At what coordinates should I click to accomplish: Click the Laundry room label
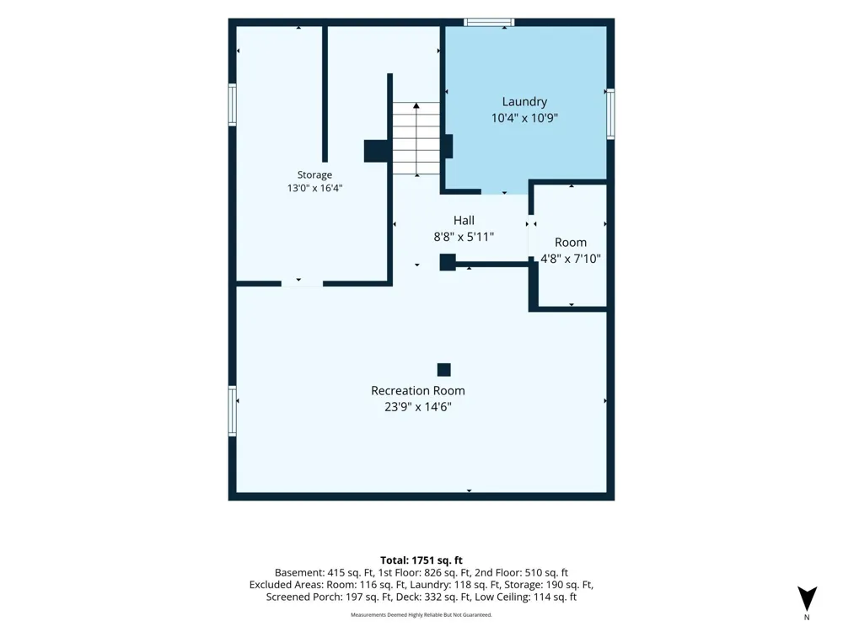(524, 102)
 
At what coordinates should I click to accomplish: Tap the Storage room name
(314, 174)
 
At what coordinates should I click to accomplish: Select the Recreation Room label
(418, 391)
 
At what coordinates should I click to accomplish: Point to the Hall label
(464, 220)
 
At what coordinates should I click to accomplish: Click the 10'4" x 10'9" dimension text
(524, 118)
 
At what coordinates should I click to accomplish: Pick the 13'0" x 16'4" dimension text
(314, 188)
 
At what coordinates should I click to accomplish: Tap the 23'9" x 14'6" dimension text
(418, 407)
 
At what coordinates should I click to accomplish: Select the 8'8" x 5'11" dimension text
(464, 237)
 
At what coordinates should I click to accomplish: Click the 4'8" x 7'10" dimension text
(571, 259)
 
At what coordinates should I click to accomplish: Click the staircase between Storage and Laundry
(416, 138)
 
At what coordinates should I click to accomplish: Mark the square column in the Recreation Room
(443, 370)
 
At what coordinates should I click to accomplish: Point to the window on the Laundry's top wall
(489, 22)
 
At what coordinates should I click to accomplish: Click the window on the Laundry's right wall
(610, 114)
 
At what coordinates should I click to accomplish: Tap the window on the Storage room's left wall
(233, 104)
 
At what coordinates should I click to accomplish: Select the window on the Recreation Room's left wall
(233, 411)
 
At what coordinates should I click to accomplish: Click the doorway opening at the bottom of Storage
(302, 283)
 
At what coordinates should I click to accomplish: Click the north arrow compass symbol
(807, 598)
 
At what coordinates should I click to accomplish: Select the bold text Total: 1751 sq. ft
(421, 560)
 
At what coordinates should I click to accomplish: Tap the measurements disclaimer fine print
(421, 615)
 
